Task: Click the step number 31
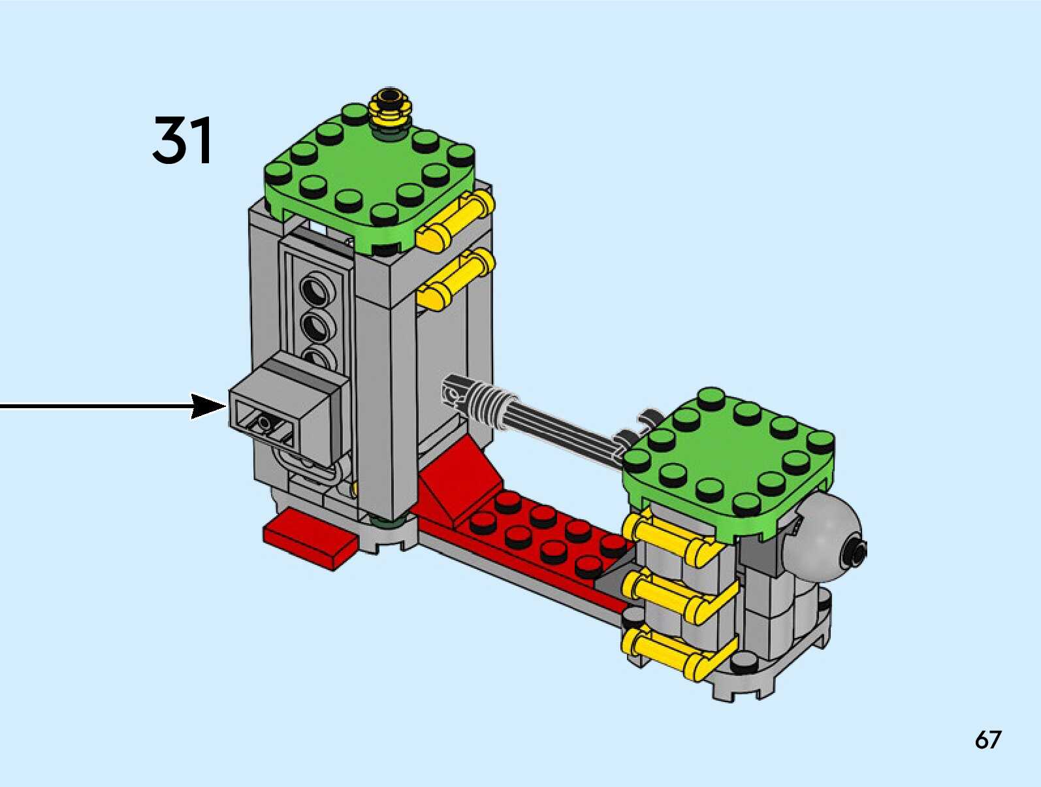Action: pos(182,140)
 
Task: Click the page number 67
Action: pos(987,740)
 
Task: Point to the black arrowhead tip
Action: pos(224,406)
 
